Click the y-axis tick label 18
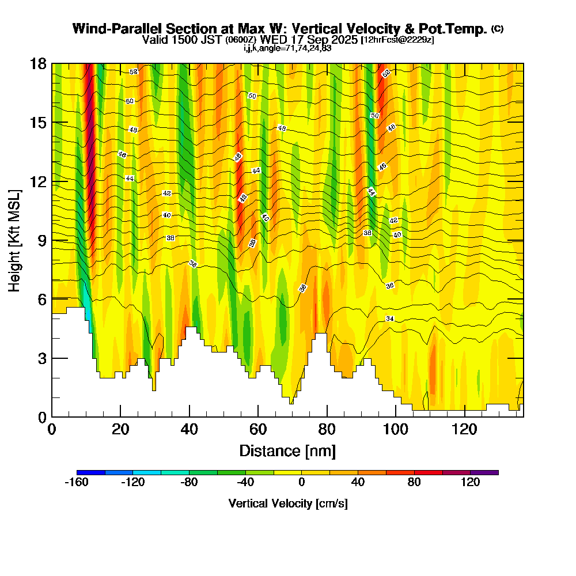[38, 64]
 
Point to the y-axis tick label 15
[38, 123]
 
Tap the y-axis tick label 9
[42, 240]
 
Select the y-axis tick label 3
[42, 358]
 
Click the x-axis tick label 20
[120, 430]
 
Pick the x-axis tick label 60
[258, 430]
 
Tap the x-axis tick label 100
[396, 430]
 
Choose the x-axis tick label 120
[465, 430]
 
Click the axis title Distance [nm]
[287, 450]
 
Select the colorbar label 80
[414, 483]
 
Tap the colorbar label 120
[471, 483]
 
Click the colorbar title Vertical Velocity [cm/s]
[288, 503]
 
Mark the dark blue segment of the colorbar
[90, 472]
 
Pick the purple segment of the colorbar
[484, 472]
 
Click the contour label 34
[390, 319]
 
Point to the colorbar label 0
[301, 483]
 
